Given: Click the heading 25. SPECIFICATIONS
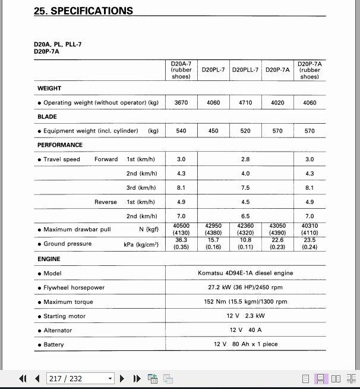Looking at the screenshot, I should coord(83,11).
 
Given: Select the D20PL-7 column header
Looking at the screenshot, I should coord(213,70).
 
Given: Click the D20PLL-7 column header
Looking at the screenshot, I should coord(245,70).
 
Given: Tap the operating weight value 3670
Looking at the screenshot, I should coord(181,103).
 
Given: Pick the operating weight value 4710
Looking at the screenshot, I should coord(245,103).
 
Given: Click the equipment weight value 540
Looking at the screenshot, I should coord(181,131).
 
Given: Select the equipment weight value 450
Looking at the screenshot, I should coord(213,131).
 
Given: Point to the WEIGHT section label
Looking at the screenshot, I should coord(49,89).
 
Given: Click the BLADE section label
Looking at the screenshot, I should coord(48,117).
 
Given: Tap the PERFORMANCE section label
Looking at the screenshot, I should coord(60,145).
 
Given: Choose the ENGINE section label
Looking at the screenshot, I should coord(49,259).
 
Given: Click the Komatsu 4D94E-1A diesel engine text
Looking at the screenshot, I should coord(245,274).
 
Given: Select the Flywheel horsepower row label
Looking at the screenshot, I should coord(74,288).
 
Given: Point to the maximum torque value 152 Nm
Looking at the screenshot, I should coord(245,302).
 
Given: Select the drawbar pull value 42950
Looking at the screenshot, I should coord(213,226).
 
